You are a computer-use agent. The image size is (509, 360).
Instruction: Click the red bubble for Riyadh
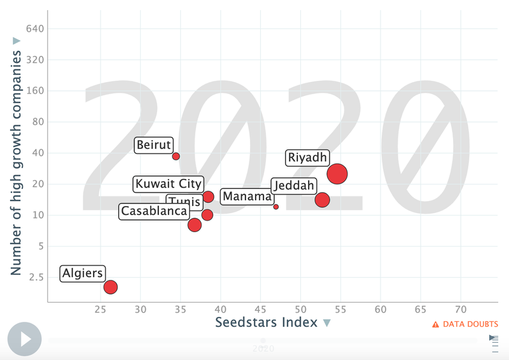(x=337, y=173)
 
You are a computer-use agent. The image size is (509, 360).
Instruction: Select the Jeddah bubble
(x=323, y=200)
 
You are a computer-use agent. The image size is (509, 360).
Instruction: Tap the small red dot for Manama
(x=276, y=207)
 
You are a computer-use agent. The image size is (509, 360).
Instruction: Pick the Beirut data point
(x=176, y=156)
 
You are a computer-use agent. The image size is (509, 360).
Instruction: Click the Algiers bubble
(x=111, y=287)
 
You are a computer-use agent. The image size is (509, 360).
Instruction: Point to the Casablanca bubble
(x=195, y=225)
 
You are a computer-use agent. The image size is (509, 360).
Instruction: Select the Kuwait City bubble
(x=208, y=197)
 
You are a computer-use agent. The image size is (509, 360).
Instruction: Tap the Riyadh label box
(x=307, y=158)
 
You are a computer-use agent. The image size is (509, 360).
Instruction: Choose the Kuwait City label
(x=169, y=184)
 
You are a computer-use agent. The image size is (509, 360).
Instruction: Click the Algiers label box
(x=83, y=273)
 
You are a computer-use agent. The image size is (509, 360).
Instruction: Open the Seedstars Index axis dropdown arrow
(x=327, y=324)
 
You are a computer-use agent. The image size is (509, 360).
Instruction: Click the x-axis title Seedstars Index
(x=266, y=322)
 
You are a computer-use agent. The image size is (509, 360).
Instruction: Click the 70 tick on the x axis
(x=461, y=310)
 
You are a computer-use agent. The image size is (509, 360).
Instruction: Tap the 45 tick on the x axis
(x=260, y=310)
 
